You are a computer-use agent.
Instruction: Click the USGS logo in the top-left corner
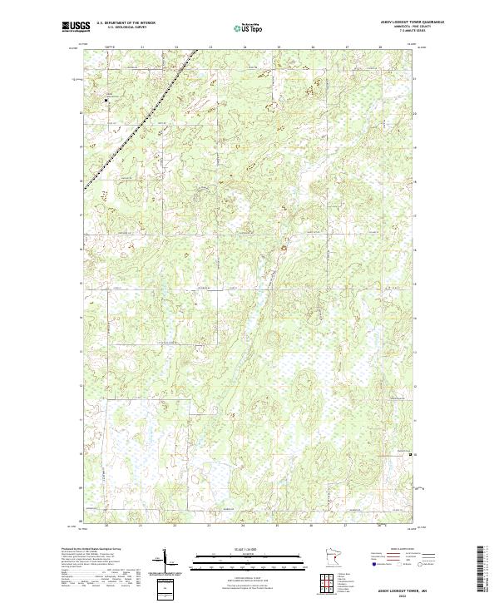75,26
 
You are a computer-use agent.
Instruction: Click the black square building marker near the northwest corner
106,101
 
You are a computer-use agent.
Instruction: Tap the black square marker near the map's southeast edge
408,455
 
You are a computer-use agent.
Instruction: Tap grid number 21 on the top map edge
141,47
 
